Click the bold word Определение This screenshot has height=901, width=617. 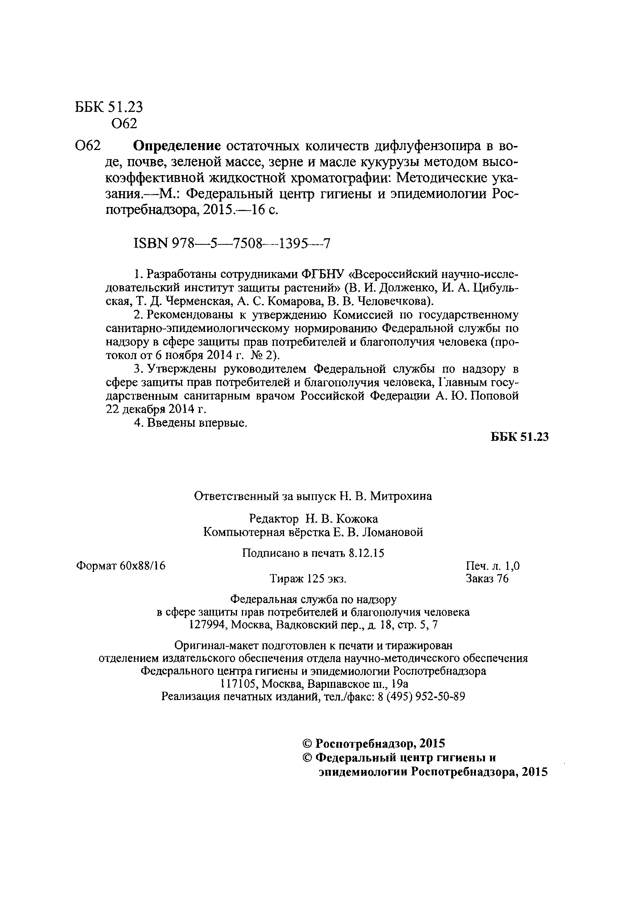[x=177, y=146]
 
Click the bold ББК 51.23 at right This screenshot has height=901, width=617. [x=520, y=437]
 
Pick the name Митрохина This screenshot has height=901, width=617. [x=401, y=496]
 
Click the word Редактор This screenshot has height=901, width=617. [x=274, y=518]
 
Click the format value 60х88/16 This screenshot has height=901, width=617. [x=143, y=566]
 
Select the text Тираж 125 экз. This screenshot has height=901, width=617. [x=308, y=579]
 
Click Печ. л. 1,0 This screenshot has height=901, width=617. [x=492, y=566]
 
